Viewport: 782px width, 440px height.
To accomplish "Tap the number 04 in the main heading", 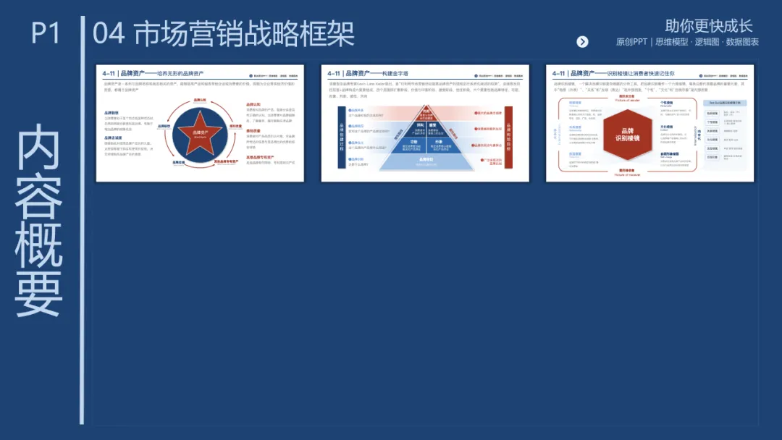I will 109,34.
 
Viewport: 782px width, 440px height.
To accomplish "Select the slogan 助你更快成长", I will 709,26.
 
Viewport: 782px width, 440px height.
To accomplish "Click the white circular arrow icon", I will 582,42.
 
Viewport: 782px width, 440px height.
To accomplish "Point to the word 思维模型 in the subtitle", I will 673,42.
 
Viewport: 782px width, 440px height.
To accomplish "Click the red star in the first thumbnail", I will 199,133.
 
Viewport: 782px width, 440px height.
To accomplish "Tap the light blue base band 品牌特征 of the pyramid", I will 426,162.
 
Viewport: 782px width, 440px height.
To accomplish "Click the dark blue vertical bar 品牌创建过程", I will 342,137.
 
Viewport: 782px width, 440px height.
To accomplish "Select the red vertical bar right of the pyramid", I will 508,137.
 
